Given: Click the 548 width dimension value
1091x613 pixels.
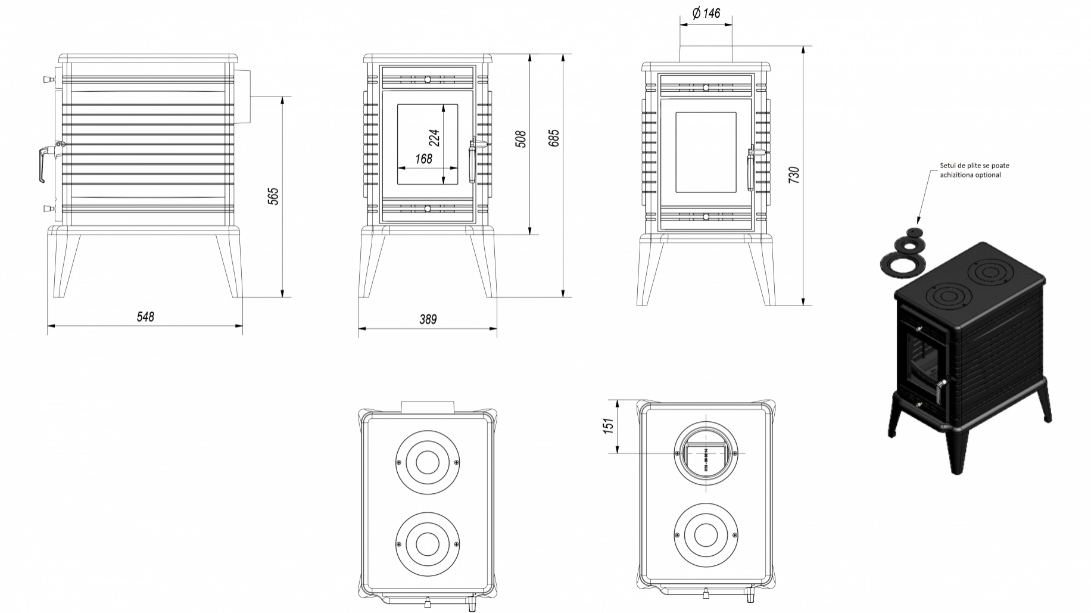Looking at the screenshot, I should click(x=145, y=317).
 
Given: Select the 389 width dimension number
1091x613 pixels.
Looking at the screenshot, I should click(x=428, y=319).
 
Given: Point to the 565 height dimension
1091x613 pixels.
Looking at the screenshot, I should click(x=273, y=196).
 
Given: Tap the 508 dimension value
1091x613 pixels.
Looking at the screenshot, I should click(x=520, y=139).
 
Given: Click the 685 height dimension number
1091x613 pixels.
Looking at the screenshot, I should click(x=554, y=138).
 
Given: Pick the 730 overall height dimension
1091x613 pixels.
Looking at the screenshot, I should click(x=794, y=175).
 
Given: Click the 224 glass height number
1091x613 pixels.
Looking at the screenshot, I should click(x=434, y=138).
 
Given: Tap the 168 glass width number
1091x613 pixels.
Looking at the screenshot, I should click(x=423, y=159).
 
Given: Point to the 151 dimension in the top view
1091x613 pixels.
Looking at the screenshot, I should click(x=608, y=425).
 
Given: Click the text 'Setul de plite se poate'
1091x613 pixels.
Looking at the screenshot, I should click(x=974, y=166).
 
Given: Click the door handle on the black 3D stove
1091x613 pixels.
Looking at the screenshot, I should click(x=939, y=393).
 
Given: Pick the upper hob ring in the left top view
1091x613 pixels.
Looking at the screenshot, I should click(x=427, y=462).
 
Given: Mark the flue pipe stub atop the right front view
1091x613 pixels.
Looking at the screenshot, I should click(x=706, y=53).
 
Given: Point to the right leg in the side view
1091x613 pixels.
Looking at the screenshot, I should click(x=229, y=265).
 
